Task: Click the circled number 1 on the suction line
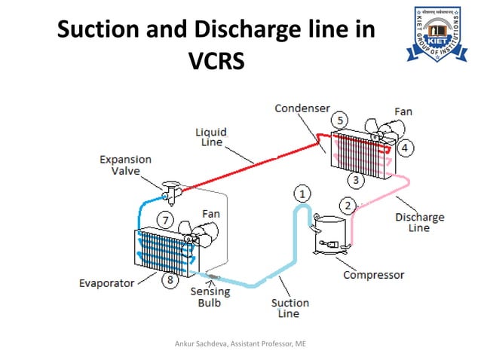tap(302, 194)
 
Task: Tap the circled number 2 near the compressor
tap(347, 205)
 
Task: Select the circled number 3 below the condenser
tap(355, 180)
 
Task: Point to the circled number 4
tap(404, 148)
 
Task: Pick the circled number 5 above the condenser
tap(340, 121)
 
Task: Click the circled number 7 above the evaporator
tap(165, 221)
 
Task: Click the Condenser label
tap(302, 108)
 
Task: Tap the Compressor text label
tap(373, 275)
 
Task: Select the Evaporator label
tap(106, 283)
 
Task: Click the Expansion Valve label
tap(126, 166)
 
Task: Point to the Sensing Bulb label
tap(205, 297)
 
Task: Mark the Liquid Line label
tap(213, 136)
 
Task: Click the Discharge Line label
tap(420, 222)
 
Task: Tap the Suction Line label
tap(290, 308)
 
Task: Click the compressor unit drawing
tap(329, 236)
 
